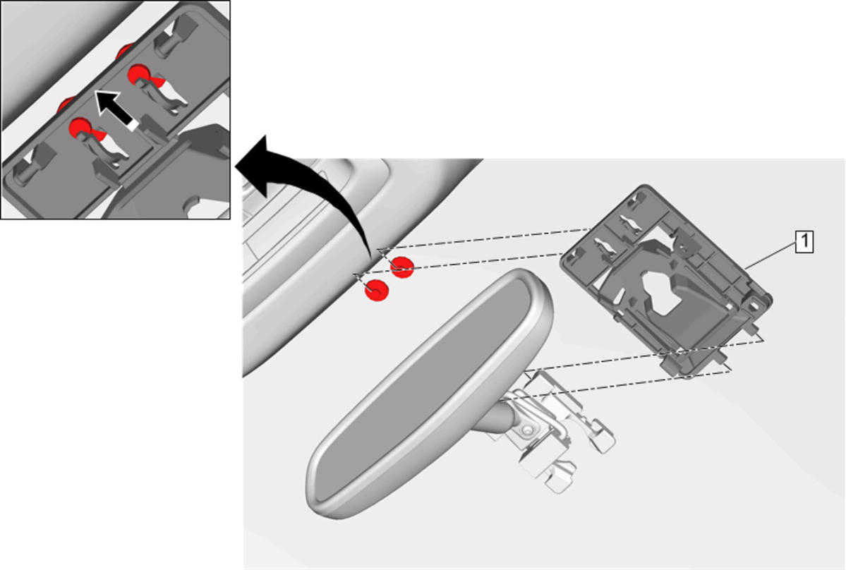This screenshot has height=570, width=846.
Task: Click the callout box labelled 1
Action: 804,241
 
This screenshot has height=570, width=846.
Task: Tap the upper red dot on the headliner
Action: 402,267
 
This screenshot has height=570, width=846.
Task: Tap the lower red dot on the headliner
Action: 376,291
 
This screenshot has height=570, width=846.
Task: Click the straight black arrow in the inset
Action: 116,110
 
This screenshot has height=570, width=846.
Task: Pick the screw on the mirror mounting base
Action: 526,430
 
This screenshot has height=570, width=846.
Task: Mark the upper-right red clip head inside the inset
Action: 139,74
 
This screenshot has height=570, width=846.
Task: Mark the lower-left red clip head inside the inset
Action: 80,128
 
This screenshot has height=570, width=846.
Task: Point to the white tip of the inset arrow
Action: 133,125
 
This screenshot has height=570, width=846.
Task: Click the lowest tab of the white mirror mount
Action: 557,480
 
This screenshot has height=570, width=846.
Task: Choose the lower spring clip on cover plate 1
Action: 603,246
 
